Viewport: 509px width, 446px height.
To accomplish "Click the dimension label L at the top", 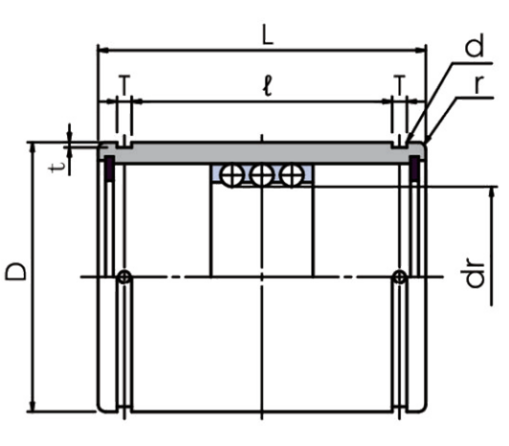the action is tap(268, 35).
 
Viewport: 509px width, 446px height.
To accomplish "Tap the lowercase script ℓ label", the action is tap(267, 86).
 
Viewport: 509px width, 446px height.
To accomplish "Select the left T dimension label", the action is tap(124, 84).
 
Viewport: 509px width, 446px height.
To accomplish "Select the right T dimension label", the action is tap(400, 84).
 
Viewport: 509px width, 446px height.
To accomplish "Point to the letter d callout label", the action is tap(475, 46).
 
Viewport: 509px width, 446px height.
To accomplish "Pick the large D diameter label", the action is tap(15, 271).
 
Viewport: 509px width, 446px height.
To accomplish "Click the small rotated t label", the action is tap(57, 167).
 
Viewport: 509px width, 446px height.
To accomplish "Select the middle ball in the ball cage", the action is tap(262, 175).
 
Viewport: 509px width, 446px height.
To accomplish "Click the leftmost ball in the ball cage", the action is tap(232, 175).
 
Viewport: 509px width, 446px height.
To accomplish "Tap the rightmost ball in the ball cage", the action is tap(292, 175).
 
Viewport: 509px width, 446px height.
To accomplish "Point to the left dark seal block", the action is tap(109, 167).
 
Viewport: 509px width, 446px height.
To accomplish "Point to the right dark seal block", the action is tap(414, 167).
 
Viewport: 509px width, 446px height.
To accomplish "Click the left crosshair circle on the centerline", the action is tap(124, 278).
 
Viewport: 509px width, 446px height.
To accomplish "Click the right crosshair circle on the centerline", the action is tap(400, 278).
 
